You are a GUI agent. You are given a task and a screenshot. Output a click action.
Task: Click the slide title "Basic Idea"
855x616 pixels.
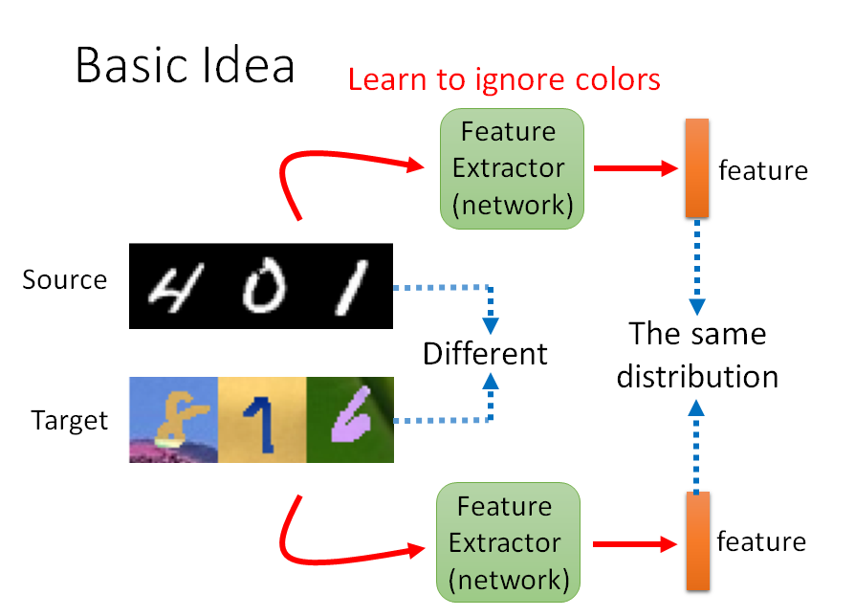pyautogui.click(x=185, y=65)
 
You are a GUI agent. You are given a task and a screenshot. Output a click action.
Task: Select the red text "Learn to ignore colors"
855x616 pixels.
pyautogui.click(x=504, y=78)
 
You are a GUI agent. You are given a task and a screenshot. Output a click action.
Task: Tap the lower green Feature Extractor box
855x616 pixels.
pyautogui.click(x=508, y=542)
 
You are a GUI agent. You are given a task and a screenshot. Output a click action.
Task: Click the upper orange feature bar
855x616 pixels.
pyautogui.click(x=697, y=168)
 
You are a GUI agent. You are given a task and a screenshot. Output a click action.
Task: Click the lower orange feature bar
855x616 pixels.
pyautogui.click(x=696, y=540)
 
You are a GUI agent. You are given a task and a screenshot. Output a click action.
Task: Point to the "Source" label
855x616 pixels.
pyautogui.click(x=65, y=280)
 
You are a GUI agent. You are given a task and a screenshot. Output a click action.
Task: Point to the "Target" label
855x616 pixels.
pyautogui.click(x=70, y=420)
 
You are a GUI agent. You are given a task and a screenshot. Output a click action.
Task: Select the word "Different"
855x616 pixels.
pyautogui.click(x=485, y=354)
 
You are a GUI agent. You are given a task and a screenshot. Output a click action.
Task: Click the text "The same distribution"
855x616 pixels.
pyautogui.click(x=697, y=355)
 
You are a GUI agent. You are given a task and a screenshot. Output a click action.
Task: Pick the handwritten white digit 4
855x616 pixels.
pyautogui.click(x=173, y=286)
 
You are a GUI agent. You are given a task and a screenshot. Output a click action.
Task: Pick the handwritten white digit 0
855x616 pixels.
pyautogui.click(x=259, y=288)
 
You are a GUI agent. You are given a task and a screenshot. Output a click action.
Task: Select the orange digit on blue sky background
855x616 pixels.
pyautogui.click(x=175, y=417)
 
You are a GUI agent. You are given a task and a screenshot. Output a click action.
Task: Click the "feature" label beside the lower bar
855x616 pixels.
pyautogui.click(x=761, y=542)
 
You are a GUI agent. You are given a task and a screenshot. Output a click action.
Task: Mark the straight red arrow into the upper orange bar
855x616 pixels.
pyautogui.click(x=635, y=168)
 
